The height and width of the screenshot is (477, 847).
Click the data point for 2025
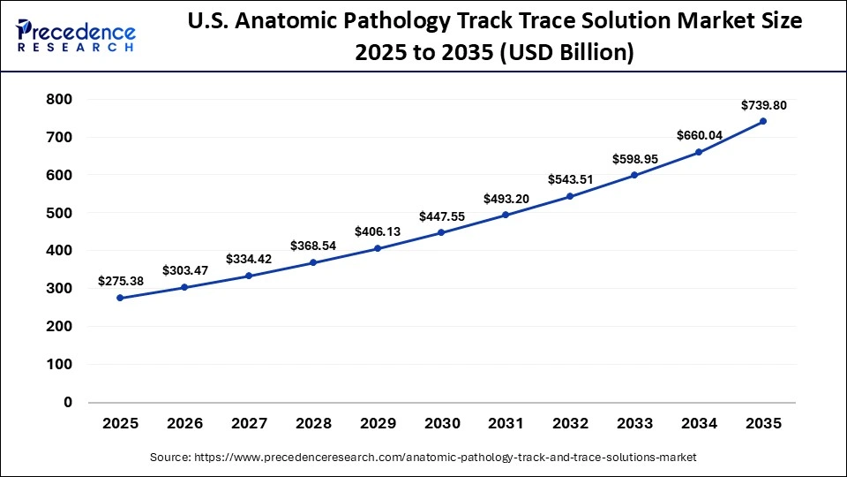[x=120, y=298]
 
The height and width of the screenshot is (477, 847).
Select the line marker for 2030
[x=441, y=232]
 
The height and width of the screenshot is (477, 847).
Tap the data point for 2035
[x=763, y=121]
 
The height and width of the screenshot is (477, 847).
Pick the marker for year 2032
[x=570, y=196]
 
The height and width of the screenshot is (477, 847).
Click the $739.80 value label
[x=763, y=105]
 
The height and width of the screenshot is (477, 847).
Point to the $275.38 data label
[x=121, y=281]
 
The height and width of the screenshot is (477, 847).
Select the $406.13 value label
[x=378, y=231]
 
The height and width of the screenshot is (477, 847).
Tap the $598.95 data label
[x=635, y=159]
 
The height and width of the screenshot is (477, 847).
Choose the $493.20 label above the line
[x=506, y=199]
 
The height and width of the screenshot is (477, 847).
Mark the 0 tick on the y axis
[x=67, y=403]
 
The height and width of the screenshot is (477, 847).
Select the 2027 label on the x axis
[x=249, y=424]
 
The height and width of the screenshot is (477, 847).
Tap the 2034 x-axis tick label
[x=699, y=424]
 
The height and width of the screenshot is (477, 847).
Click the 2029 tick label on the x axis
[x=378, y=424]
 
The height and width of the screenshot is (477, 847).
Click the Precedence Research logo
[x=76, y=35]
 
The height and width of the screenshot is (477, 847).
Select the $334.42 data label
[x=250, y=259]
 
